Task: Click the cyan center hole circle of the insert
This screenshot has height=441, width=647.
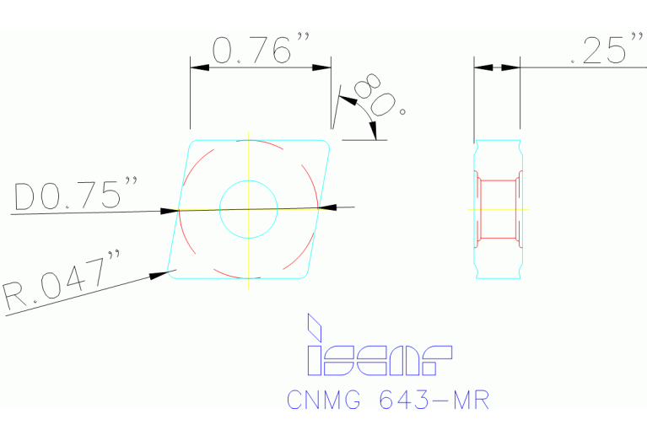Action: pyautogui.click(x=248, y=207)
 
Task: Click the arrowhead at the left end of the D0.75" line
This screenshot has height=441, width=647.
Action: pyautogui.click(x=170, y=210)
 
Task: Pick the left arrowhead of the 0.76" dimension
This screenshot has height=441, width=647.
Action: pyautogui.click(x=198, y=67)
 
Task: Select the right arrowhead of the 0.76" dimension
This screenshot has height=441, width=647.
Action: pyautogui.click(x=322, y=67)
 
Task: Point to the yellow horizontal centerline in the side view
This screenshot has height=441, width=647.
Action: pyautogui.click(x=498, y=208)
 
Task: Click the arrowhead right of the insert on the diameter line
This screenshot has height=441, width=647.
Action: pyautogui.click(x=327, y=207)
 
